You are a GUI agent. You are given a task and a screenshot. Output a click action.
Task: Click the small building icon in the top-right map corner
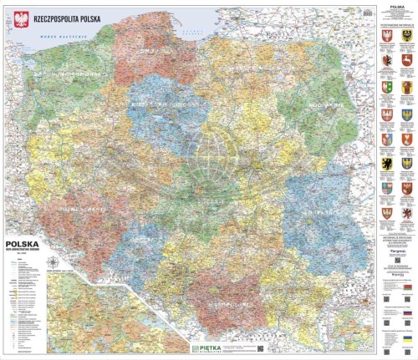pos(363,8)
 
